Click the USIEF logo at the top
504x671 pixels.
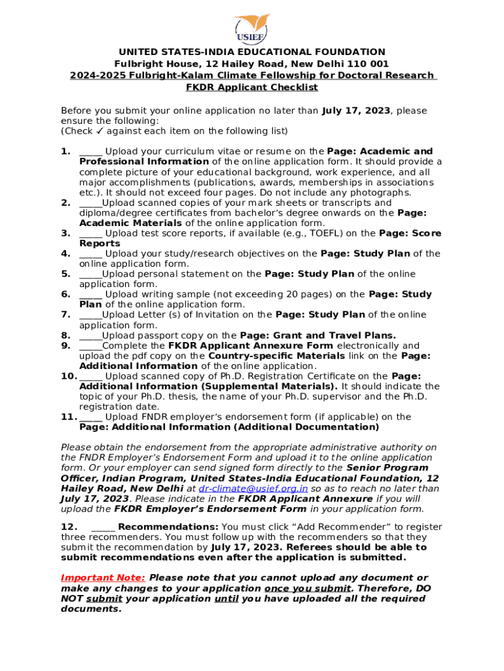pos(251,27)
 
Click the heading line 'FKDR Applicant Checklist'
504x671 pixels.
pos(252,87)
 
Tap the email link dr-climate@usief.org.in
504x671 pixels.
pos(253,488)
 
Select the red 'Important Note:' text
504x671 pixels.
pos(103,578)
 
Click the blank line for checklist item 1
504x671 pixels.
pos(90,152)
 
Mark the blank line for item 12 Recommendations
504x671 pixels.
pos(103,527)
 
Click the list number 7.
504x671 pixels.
pos(65,315)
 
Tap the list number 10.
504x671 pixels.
pos(69,376)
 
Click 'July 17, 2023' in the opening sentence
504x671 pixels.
pos(356,111)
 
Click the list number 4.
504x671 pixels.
pos(65,254)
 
